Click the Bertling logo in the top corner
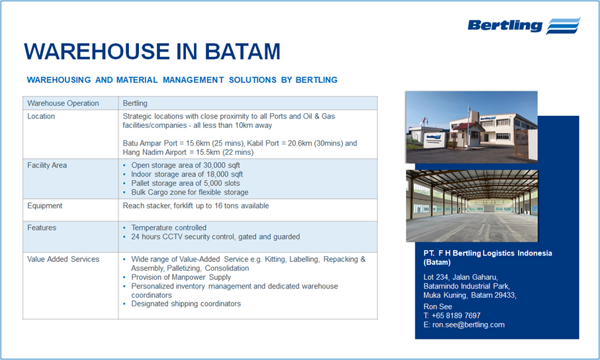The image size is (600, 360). pyautogui.click(x=523, y=25)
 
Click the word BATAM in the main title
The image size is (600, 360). pyautogui.click(x=243, y=52)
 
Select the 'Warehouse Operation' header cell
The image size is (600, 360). pyautogui.click(x=63, y=103)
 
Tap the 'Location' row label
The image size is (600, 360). pyautogui.click(x=41, y=116)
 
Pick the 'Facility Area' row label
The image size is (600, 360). pyautogui.click(x=47, y=165)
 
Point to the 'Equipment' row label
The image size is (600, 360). pyautogui.click(x=45, y=206)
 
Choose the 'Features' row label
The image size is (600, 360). pyautogui.click(x=42, y=228)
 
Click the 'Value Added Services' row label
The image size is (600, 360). pyautogui.click(x=63, y=259)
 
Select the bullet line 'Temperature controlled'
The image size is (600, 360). pyautogui.click(x=169, y=228)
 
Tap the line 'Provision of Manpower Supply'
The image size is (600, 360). pyautogui.click(x=181, y=277)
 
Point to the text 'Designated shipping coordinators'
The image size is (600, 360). pyautogui.click(x=186, y=304)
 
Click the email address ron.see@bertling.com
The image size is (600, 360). pyautogui.click(x=468, y=325)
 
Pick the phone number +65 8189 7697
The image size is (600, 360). pyautogui.click(x=456, y=316)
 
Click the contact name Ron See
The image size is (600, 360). pyautogui.click(x=438, y=307)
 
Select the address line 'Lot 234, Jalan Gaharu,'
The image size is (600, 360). pyautogui.click(x=460, y=277)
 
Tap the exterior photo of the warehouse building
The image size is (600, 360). pyautogui.click(x=472, y=127)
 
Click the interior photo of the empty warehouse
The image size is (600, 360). pyautogui.click(x=472, y=206)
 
